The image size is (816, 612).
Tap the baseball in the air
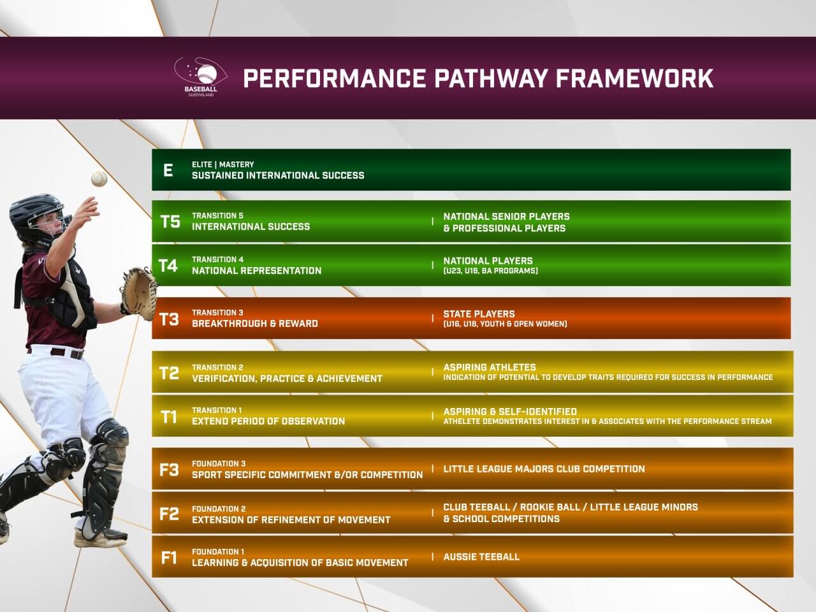point(99,178)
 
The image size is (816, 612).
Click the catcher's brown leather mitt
point(139,291)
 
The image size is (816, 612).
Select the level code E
point(168,170)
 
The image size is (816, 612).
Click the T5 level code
point(170,221)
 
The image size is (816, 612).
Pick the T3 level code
point(169,319)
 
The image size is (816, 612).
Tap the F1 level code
point(168,558)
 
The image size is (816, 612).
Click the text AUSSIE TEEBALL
point(481,557)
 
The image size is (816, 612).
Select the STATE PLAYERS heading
point(479,314)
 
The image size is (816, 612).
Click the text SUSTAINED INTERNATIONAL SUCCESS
point(278,175)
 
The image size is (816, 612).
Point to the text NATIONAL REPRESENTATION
point(256,270)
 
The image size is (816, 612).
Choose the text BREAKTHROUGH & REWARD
point(254,323)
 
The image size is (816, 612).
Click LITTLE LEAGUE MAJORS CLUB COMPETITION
point(544,469)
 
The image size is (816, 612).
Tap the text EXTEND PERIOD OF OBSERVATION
point(268,421)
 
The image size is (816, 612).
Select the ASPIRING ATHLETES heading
point(490,367)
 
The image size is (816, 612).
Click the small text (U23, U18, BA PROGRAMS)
point(490,271)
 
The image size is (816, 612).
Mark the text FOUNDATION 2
point(219,509)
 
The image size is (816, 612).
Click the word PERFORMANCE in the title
point(334,78)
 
